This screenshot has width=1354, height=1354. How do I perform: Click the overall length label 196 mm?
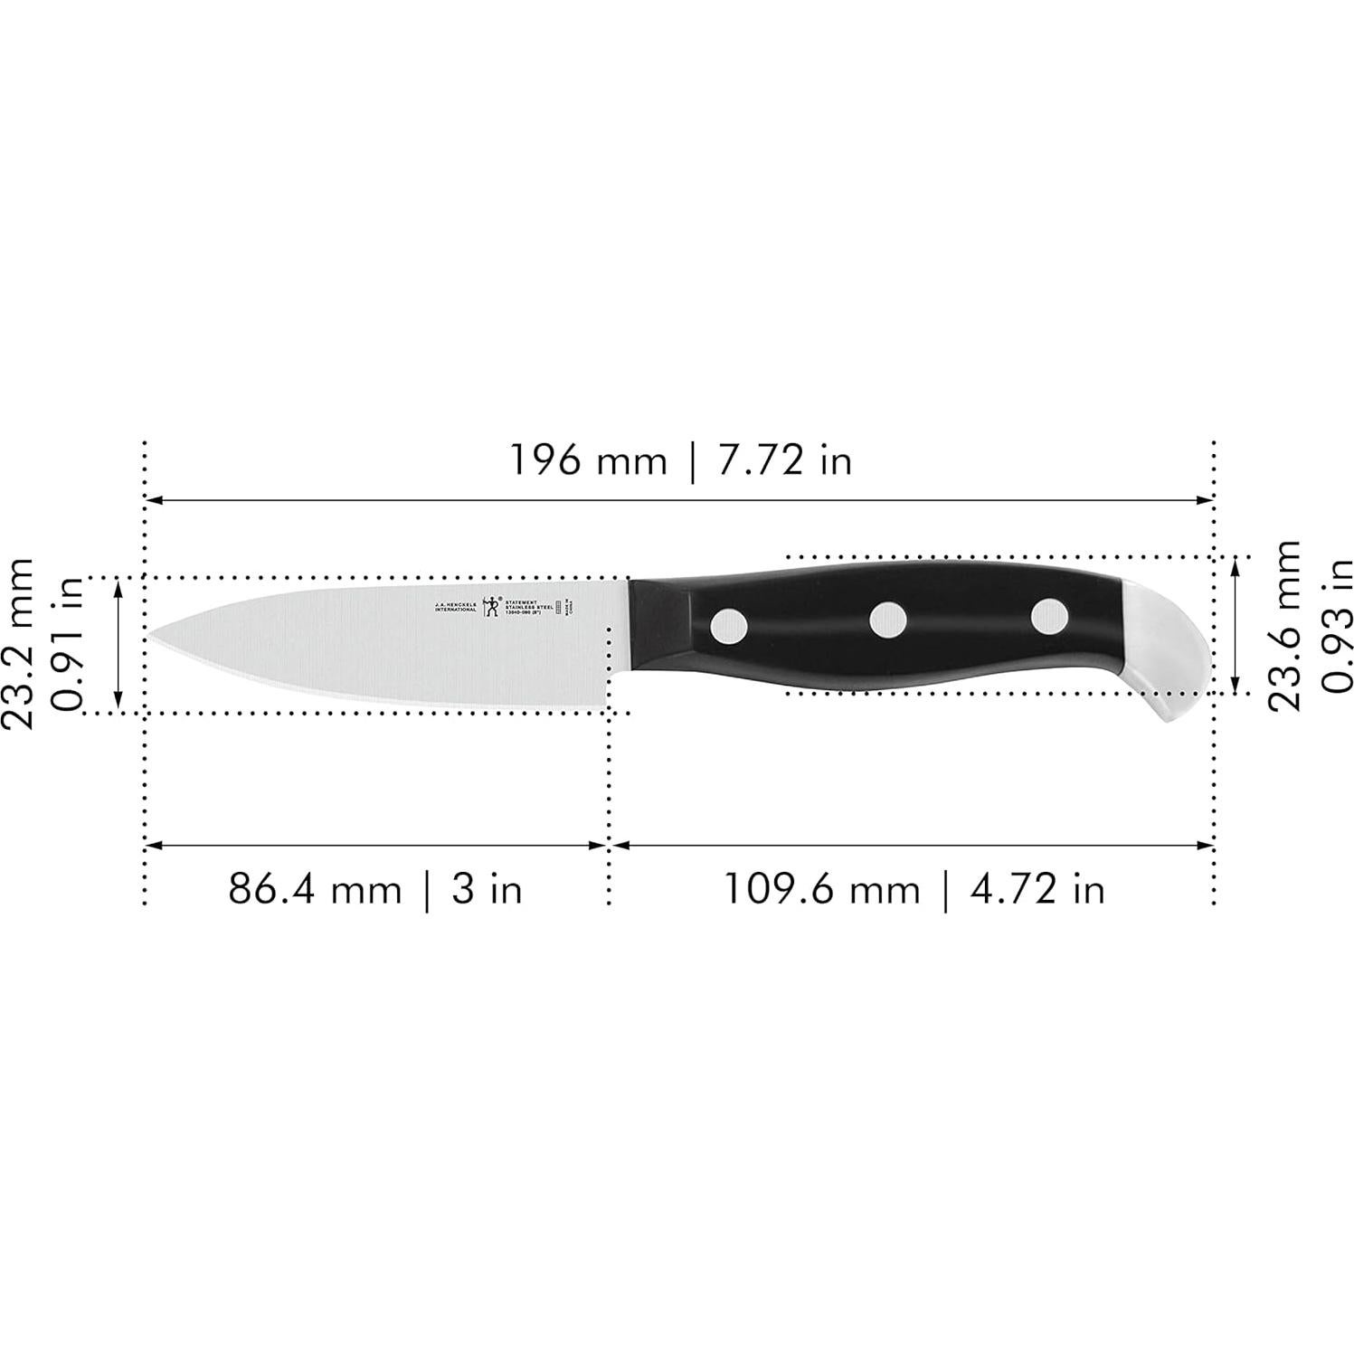(x=588, y=461)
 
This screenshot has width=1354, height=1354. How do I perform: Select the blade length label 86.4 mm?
(x=314, y=889)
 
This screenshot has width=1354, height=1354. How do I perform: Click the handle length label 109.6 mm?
(x=820, y=889)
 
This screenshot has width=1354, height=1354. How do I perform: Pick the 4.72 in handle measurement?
(x=1037, y=889)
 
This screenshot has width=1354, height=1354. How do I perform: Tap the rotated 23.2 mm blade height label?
(x=18, y=643)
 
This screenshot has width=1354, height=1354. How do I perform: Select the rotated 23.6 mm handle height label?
(x=1283, y=625)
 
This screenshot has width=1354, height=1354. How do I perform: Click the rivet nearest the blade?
(x=729, y=625)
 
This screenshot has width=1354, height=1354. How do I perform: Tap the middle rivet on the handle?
(x=888, y=620)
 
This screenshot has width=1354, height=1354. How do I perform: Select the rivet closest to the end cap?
(x=1049, y=615)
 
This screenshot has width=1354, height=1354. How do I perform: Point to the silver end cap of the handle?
(x=1167, y=651)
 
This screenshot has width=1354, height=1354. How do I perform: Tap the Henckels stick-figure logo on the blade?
(x=491, y=605)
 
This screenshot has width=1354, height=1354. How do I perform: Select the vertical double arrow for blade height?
(x=118, y=644)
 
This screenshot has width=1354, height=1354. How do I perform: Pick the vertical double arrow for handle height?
(x=1236, y=625)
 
